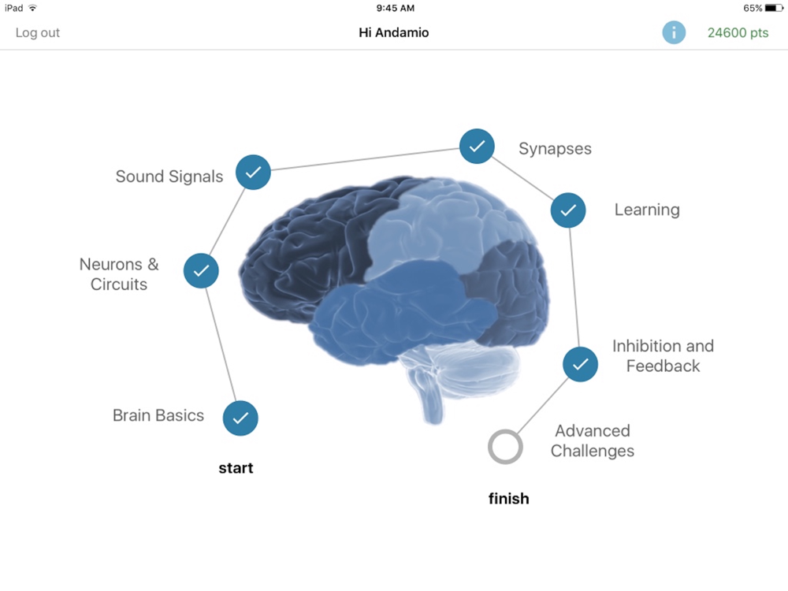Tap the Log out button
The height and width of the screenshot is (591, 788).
[x=38, y=32]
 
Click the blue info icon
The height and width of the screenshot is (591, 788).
[x=674, y=32]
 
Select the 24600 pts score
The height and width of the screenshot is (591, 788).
[x=738, y=32]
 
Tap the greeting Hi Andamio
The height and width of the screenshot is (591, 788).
[x=393, y=32]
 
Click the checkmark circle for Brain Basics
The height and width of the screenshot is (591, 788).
[x=240, y=418]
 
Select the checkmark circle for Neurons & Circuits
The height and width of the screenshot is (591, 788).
[x=201, y=271]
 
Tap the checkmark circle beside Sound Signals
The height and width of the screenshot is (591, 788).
[x=253, y=173]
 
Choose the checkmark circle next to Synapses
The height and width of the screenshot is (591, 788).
[x=477, y=147]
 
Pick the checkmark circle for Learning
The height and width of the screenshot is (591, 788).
[x=568, y=210]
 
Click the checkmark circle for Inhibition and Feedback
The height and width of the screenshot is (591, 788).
[x=581, y=364]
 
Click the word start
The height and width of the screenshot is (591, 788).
[x=236, y=468]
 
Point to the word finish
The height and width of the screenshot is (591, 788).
[x=508, y=499]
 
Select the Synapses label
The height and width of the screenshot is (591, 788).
[x=555, y=149]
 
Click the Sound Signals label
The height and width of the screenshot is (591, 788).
[x=169, y=177]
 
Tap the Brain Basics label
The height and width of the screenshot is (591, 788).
[x=158, y=415]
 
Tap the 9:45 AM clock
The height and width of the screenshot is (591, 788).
[x=396, y=8]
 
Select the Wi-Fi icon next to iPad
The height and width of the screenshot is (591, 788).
[x=32, y=8]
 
